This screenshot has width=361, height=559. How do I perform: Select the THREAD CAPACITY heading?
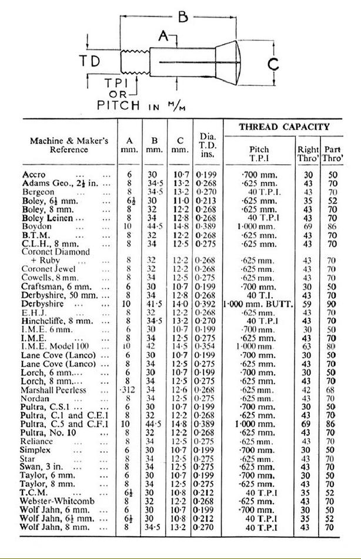(x=284, y=127)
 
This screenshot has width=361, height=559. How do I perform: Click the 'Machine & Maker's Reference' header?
(x=69, y=145)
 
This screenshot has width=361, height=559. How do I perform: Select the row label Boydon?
(x=37, y=226)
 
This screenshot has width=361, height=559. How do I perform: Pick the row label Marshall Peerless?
(x=54, y=390)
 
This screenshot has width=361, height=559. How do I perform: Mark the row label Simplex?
(x=37, y=450)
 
